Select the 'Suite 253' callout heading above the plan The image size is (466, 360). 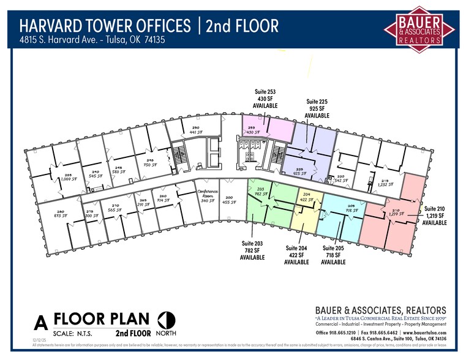pos(265,92)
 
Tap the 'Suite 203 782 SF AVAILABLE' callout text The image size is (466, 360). pos(252,250)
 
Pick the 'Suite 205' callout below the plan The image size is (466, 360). pos(334,248)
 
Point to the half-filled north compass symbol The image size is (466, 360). pos(166,320)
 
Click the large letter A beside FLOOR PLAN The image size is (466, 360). pos(41,322)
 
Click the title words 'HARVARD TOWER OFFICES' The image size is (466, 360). pos(105,26)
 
